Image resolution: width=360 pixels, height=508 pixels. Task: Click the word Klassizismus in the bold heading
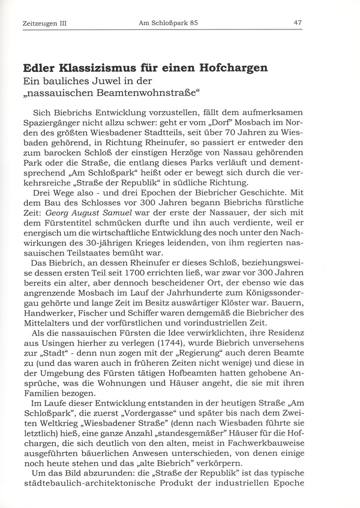(x=106, y=68)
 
